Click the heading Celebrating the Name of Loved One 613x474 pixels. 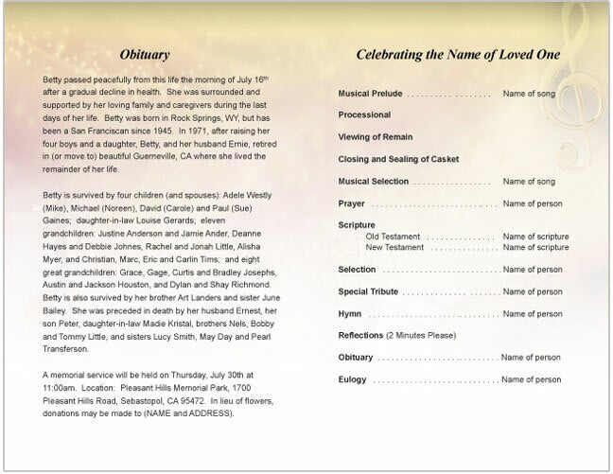point(457,55)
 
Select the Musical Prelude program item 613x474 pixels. point(370,95)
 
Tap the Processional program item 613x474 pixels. point(364,115)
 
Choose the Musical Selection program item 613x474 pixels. point(374,181)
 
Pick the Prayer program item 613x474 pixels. point(352,203)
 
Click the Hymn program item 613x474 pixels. point(350,313)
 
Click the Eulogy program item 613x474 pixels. point(353,379)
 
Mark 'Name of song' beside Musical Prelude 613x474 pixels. point(532,95)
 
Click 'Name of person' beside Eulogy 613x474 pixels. point(532,379)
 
